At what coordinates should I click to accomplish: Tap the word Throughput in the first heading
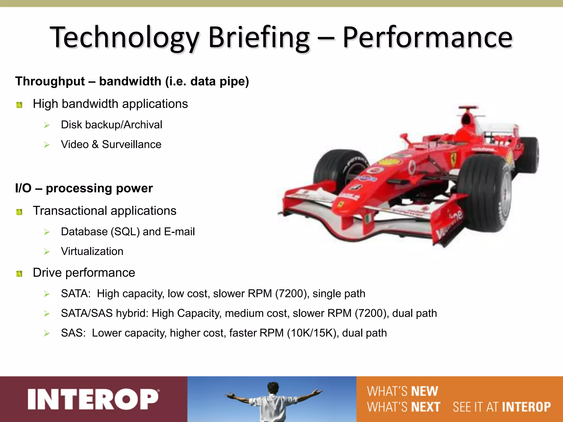point(50,81)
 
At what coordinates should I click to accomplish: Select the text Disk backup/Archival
point(111,125)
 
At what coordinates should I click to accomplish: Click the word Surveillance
point(131,145)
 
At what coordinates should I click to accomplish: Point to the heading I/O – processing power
point(84,188)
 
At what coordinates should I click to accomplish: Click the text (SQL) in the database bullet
point(125,232)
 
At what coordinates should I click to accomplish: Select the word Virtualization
point(92,251)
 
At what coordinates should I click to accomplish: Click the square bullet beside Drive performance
point(19,274)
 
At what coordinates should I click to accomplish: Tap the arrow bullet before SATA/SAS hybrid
point(47,313)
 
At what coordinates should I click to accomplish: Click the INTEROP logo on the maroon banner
point(93,399)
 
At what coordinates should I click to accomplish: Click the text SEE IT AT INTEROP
point(502,407)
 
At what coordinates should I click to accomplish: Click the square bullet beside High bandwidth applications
point(19,105)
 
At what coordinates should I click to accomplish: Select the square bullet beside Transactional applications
point(19,212)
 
